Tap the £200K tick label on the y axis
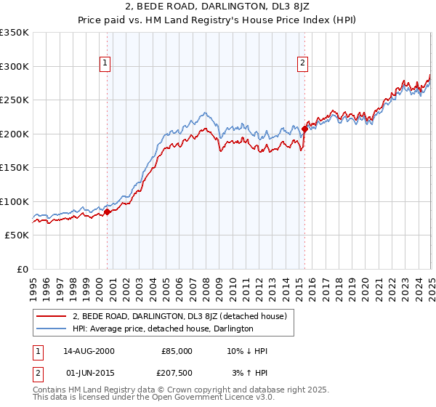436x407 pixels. [x=15, y=134]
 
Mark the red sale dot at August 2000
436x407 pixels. [x=107, y=212]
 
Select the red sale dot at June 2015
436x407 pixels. [x=304, y=129]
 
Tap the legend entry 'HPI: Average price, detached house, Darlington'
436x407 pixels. [x=163, y=329]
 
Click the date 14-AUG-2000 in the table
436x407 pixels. [x=89, y=351]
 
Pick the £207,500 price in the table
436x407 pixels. [x=177, y=373]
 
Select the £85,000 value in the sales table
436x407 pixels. [x=177, y=351]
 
